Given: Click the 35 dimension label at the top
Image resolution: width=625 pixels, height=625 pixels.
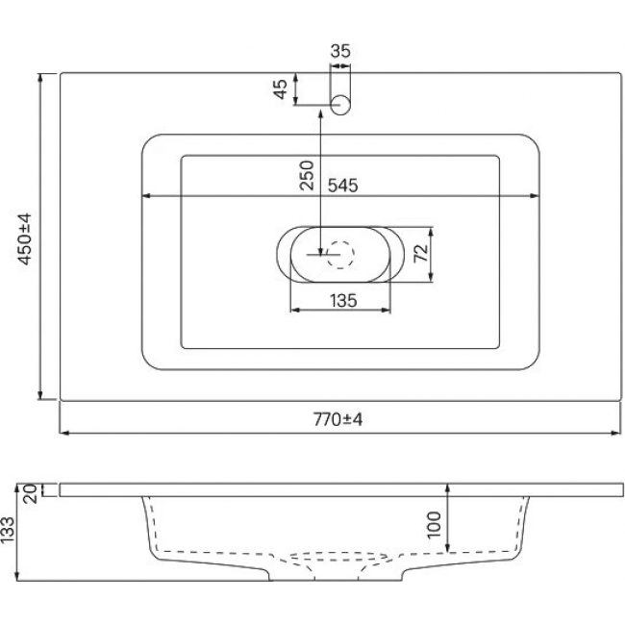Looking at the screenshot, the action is [340, 51].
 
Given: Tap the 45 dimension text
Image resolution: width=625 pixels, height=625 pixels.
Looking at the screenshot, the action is [281, 89].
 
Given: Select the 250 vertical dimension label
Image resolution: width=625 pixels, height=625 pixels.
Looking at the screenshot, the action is [308, 175].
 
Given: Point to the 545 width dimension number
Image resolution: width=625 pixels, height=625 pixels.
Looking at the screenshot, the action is [343, 186].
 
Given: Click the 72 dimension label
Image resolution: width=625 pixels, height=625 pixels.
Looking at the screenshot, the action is [422, 252].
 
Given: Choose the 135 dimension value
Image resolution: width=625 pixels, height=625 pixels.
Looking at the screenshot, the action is [343, 301].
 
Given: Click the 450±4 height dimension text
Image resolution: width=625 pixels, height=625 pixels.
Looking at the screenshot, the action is [25, 238].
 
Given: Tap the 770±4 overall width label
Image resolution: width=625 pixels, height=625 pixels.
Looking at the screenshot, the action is [338, 419].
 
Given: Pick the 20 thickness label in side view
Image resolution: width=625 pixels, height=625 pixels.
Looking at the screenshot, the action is [31, 493].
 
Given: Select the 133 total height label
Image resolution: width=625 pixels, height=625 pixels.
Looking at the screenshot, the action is [8, 530].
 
